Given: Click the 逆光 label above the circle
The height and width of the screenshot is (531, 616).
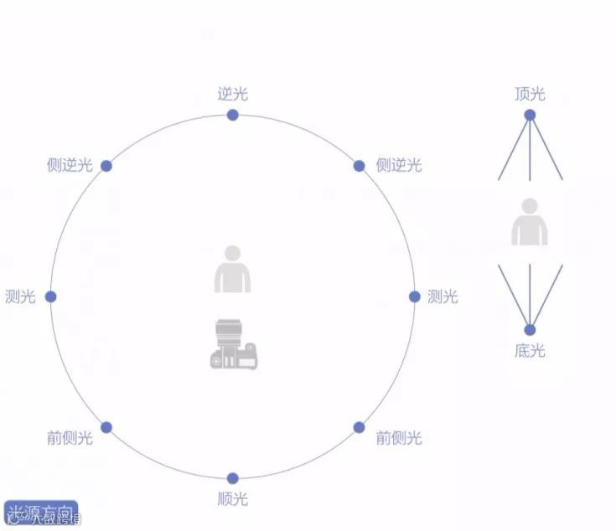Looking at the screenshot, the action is (x=233, y=94).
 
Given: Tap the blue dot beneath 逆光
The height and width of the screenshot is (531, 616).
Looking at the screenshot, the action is (x=233, y=115).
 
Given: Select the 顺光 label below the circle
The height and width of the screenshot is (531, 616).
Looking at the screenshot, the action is (x=233, y=499).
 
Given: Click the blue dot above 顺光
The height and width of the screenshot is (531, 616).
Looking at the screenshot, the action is (x=233, y=478).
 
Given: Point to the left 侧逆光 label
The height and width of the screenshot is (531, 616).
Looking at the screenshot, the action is (x=70, y=165).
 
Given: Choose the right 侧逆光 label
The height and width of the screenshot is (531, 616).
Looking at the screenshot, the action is (x=399, y=165).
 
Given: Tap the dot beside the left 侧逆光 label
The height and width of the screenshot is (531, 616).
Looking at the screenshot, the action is (x=106, y=166).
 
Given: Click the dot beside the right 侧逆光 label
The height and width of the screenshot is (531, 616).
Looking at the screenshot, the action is (x=359, y=166).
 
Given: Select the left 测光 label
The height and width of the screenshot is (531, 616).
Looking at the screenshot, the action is (x=20, y=296).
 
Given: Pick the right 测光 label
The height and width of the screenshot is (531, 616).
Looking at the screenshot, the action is (x=443, y=296).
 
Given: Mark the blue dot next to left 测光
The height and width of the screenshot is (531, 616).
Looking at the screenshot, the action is (x=50, y=296).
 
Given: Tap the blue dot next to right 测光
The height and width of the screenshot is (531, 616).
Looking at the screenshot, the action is (x=414, y=296).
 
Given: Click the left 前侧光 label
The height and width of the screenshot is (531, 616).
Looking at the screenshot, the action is (x=70, y=438).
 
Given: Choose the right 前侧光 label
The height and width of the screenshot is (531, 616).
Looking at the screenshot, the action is (x=399, y=438).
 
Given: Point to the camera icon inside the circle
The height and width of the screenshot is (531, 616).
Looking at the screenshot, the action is (x=233, y=344).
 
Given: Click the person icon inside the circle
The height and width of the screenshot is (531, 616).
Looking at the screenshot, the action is (x=232, y=270).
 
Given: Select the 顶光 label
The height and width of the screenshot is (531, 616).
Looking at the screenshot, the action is (x=530, y=94).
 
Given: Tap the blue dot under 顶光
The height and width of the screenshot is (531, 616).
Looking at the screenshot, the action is (x=530, y=116).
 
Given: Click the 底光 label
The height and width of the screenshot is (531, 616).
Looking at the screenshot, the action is (x=530, y=351).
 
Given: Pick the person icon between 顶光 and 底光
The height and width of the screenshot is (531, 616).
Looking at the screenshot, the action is (x=530, y=222).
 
